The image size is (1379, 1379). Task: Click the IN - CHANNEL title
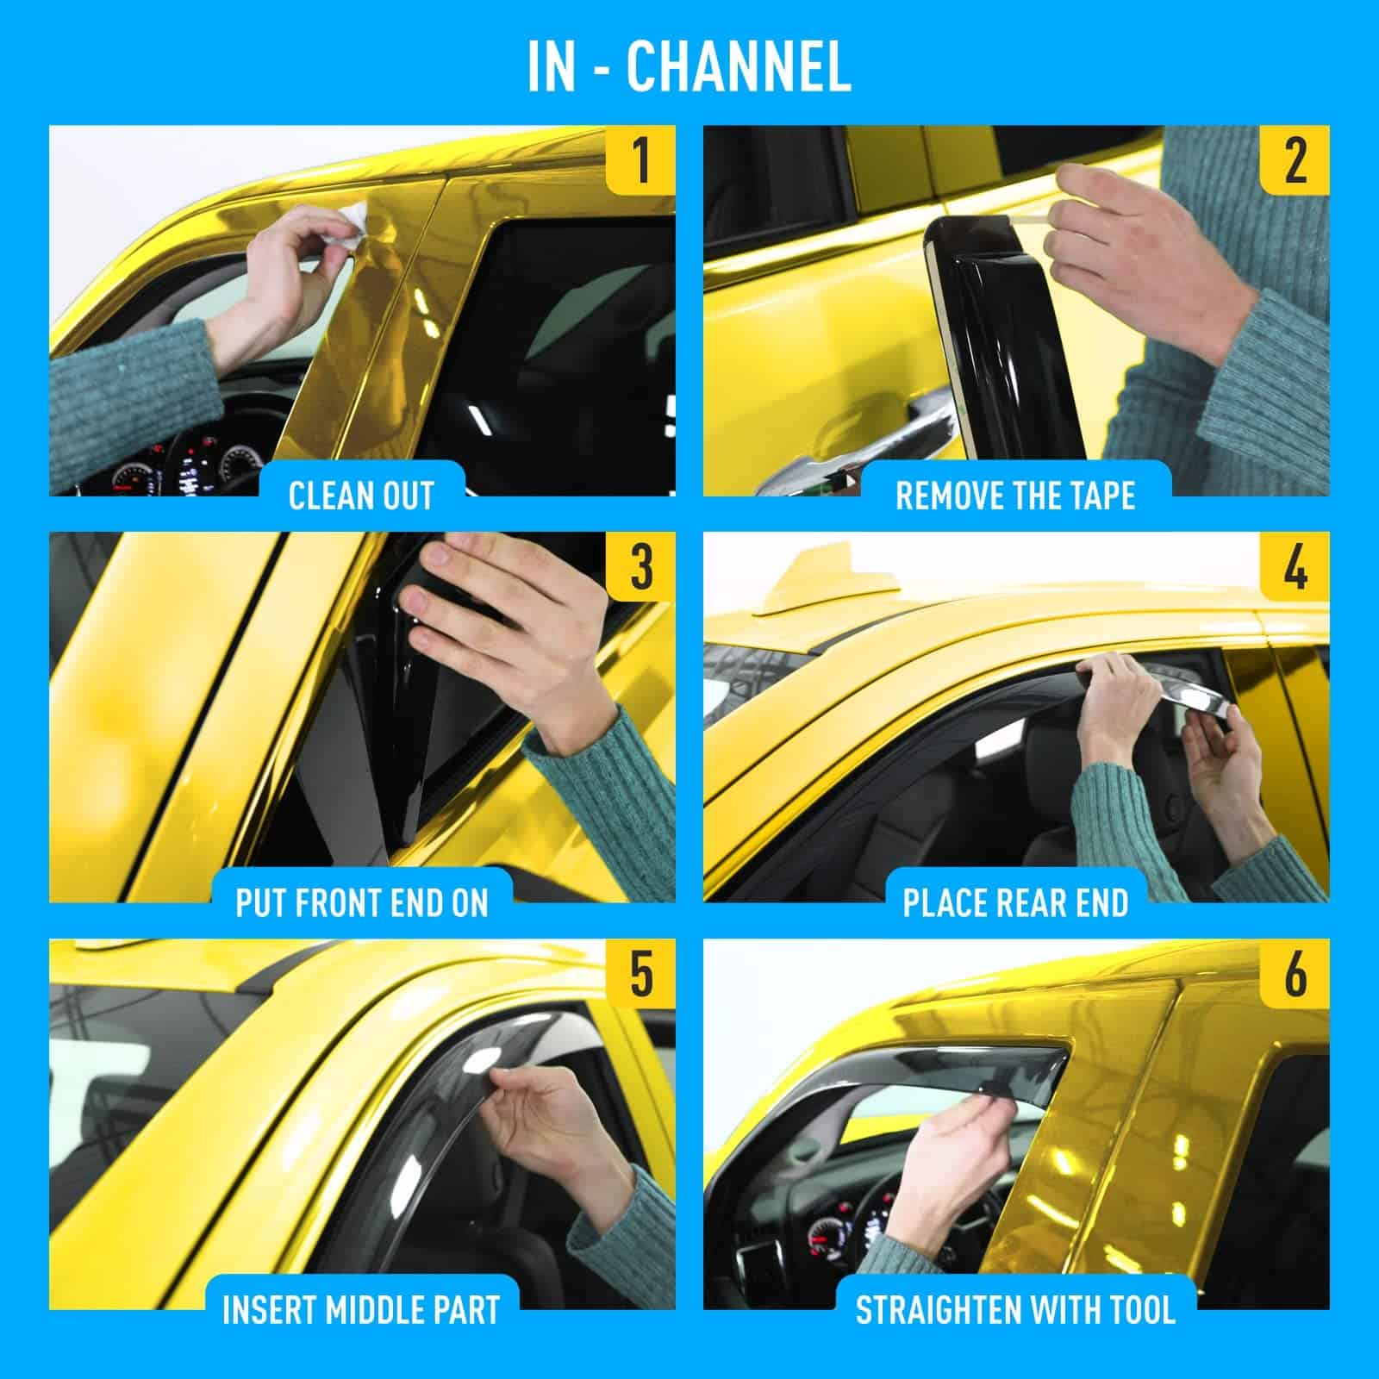pos(689,67)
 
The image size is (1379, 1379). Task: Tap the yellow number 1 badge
pos(640,159)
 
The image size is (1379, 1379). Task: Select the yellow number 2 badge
pos(1295,159)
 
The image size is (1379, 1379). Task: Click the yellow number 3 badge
pos(640,566)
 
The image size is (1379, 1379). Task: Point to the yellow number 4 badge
pos(1295,566)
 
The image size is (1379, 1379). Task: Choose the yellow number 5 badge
pos(640,973)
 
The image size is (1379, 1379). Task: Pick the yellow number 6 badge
pos(1295,973)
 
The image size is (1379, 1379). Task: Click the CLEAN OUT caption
pos(361,496)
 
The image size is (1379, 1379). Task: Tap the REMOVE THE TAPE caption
pos(1015,496)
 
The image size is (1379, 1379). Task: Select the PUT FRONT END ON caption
pos(361,902)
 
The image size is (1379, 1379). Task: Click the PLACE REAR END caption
pos(1015,902)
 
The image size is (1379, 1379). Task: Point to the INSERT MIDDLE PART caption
pos(361,1309)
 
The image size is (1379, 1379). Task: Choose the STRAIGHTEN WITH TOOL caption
pos(1015,1309)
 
